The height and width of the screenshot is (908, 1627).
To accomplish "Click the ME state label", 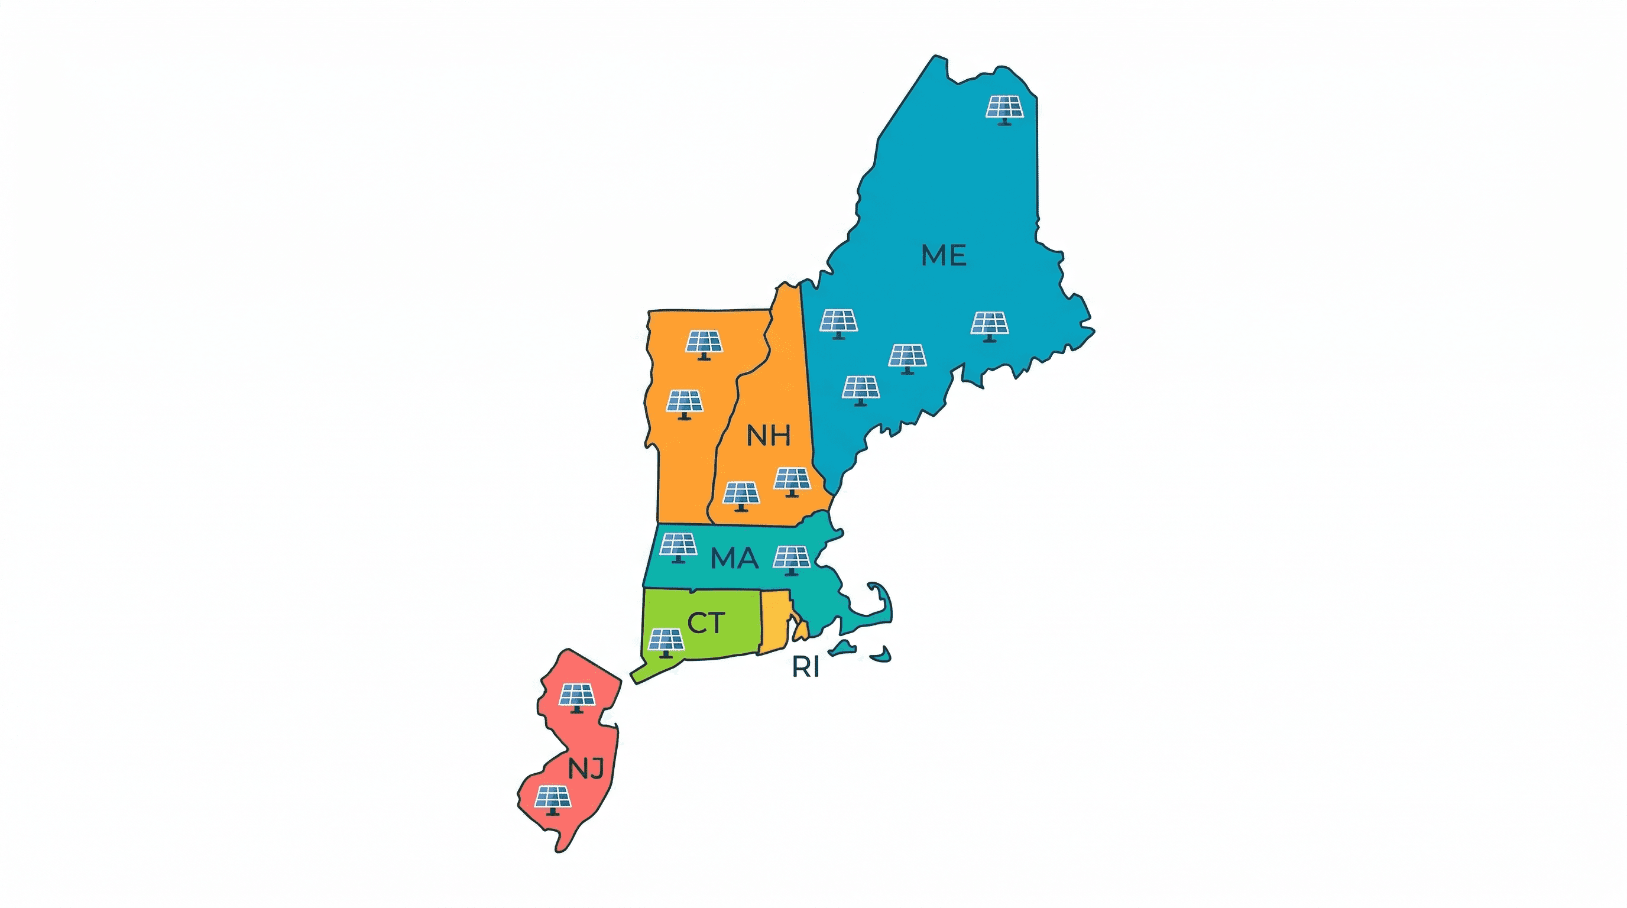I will [x=944, y=255].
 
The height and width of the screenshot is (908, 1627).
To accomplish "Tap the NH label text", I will [x=768, y=436].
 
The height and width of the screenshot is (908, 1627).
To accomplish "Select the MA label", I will [x=734, y=558].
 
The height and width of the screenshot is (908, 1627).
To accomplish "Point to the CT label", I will [x=705, y=623].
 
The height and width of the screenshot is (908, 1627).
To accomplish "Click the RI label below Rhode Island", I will [x=805, y=667].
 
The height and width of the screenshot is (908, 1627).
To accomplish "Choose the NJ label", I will [x=586, y=768].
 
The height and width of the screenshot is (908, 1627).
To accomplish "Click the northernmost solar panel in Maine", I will [x=1004, y=109].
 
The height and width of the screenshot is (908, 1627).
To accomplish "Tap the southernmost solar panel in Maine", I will [x=860, y=389].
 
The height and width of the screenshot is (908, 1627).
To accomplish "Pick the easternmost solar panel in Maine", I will [x=989, y=325].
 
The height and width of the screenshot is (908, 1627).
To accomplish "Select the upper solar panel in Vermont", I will [x=704, y=343].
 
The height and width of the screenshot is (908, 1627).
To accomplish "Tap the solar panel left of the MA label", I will [x=678, y=546].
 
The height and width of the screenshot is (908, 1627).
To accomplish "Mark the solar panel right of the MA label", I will [x=792, y=559].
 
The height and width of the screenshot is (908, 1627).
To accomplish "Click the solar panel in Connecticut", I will [x=665, y=642].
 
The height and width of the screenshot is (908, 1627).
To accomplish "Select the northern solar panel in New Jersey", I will [x=577, y=697].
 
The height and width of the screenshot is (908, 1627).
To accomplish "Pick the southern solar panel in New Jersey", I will [x=553, y=799].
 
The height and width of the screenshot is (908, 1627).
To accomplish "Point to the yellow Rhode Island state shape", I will [x=774, y=622].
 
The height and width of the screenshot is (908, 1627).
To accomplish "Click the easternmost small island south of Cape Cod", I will [x=881, y=655].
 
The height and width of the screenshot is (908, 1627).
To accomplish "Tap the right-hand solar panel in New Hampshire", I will [x=792, y=481].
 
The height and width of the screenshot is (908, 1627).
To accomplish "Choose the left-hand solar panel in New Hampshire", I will [x=741, y=495].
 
